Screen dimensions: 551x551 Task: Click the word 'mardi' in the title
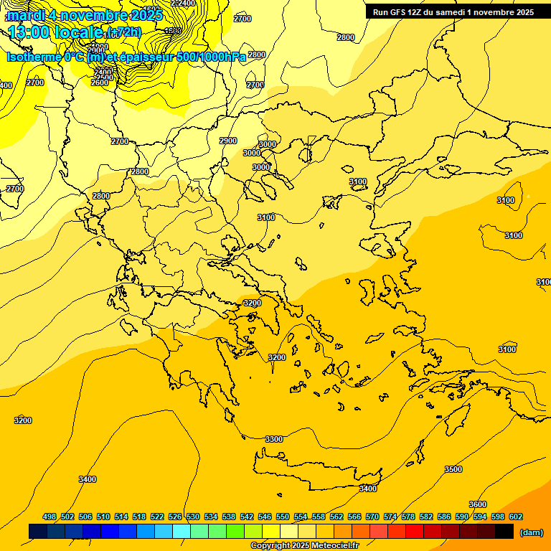click(x=29, y=14)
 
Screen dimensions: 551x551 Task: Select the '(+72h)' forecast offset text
click(x=124, y=32)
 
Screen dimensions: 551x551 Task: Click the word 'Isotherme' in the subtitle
click(x=33, y=57)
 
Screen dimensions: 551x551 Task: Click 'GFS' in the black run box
click(x=402, y=12)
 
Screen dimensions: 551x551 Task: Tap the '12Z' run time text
click(x=420, y=12)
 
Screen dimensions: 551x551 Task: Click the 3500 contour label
click(x=453, y=469)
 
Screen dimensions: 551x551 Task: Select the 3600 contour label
click(x=477, y=504)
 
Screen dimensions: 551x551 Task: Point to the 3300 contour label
click(x=274, y=439)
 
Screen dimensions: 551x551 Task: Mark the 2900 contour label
click(x=228, y=141)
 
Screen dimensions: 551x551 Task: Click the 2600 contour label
click(x=100, y=83)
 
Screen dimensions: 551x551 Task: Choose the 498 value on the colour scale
click(x=50, y=517)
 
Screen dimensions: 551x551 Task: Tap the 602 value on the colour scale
click(x=515, y=517)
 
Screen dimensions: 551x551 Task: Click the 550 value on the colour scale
click(x=283, y=517)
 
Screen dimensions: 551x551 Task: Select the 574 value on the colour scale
click(x=390, y=517)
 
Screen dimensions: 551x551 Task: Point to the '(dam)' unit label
click(x=531, y=532)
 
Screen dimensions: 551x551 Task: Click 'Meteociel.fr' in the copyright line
click(x=334, y=546)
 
